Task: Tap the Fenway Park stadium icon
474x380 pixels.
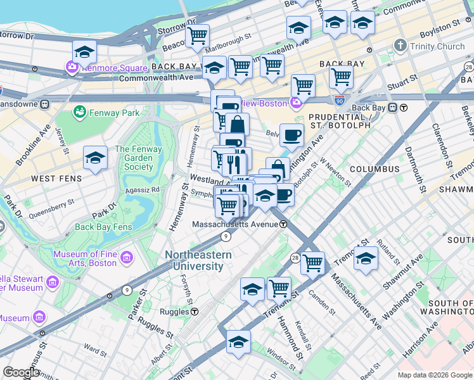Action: (80, 113)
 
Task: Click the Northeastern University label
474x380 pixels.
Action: (198, 260)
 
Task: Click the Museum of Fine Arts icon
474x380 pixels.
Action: (127, 257)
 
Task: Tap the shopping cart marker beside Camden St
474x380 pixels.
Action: (312, 262)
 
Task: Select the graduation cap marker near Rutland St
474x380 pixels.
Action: (366, 258)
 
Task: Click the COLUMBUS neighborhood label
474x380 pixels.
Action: (375, 169)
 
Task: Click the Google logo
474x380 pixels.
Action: (20, 372)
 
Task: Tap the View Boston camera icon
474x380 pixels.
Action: (296, 103)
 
